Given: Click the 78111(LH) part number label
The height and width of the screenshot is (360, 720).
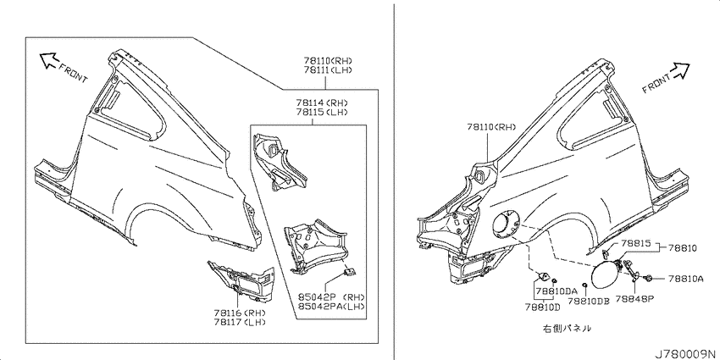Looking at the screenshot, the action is [328, 70].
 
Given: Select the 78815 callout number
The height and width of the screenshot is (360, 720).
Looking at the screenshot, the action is [636, 243].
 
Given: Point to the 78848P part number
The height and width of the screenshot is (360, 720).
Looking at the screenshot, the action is [635, 298].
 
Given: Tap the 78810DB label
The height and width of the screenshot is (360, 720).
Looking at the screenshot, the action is [588, 301].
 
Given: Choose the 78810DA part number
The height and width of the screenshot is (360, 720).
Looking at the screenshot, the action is [556, 291].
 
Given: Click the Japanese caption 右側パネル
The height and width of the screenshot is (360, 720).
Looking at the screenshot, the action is [567, 329].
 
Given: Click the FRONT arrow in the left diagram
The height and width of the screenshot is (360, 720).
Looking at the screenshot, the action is [47, 59].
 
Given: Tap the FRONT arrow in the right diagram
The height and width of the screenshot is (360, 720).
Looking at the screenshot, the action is [679, 70].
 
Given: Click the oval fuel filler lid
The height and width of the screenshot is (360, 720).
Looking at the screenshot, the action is [605, 274].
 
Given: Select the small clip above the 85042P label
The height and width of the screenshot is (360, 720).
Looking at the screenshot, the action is [350, 272].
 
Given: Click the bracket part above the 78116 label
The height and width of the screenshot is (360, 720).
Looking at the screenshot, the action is [241, 281].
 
